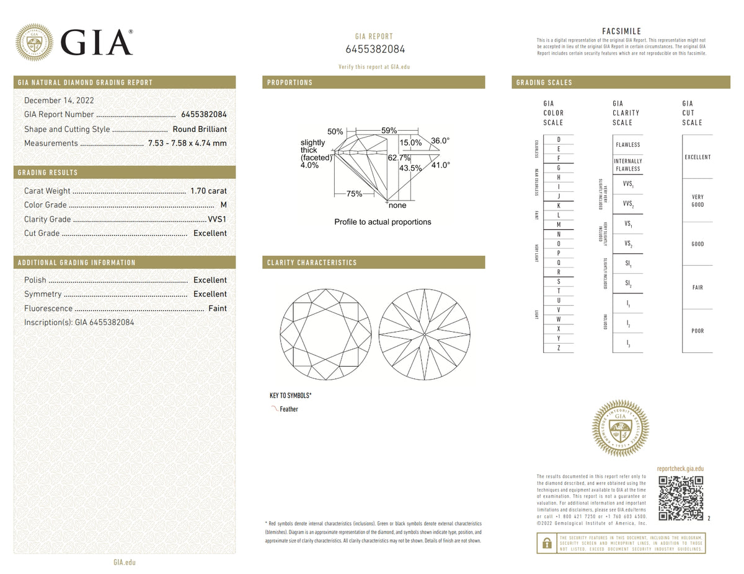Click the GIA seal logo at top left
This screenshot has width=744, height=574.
click(34, 42)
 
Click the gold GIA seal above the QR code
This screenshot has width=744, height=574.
click(621, 428)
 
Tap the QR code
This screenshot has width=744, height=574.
click(681, 498)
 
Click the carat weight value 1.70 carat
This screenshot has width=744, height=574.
click(209, 191)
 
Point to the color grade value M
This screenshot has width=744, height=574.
click(223, 205)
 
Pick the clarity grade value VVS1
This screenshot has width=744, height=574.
click(216, 219)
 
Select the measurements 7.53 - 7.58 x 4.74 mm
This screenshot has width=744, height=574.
click(187, 143)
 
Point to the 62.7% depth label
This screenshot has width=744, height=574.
click(399, 158)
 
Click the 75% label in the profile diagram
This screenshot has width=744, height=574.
click(354, 194)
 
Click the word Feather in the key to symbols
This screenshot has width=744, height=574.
click(289, 409)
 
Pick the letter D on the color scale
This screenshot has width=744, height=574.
click(559, 139)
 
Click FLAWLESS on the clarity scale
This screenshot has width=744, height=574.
click(627, 145)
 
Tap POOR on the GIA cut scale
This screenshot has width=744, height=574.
click(697, 331)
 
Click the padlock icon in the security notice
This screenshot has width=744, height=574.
click(546, 543)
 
